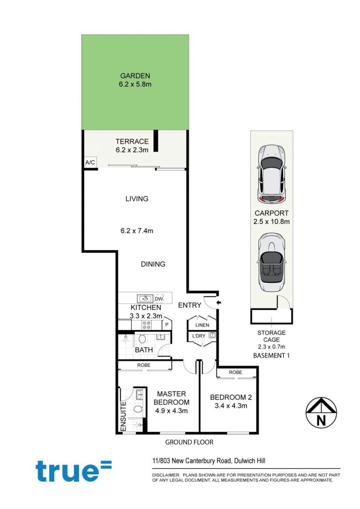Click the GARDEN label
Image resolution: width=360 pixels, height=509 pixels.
coord(135,76)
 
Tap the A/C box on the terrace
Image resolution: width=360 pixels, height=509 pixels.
coord(90,162)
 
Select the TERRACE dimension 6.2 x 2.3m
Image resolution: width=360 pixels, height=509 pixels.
coord(132,150)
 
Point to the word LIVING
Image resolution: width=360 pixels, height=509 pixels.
coord(137,199)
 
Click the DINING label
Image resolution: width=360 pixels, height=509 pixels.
coord(153,264)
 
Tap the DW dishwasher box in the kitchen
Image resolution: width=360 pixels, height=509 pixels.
coord(159,299)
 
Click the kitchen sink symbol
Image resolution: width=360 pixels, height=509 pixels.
coord(145,298)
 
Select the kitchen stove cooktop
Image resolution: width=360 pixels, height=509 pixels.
coord(147,325)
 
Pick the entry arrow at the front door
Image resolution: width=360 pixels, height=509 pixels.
coord(219,303)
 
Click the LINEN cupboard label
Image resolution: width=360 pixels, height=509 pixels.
coord(202,325)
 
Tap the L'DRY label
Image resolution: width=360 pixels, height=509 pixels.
coord(198,336)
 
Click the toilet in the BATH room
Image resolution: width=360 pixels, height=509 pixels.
coord(142,339)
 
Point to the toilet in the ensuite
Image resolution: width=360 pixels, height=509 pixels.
coord(138,409)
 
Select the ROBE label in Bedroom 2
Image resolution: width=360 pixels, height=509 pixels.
coord(235,372)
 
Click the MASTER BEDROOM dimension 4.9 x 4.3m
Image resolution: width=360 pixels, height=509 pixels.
coord(171,411)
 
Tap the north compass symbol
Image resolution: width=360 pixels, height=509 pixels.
coord(321,412)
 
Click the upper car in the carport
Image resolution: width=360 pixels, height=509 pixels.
coord(272,174)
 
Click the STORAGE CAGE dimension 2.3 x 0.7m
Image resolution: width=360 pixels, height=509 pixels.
coord(271,347)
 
